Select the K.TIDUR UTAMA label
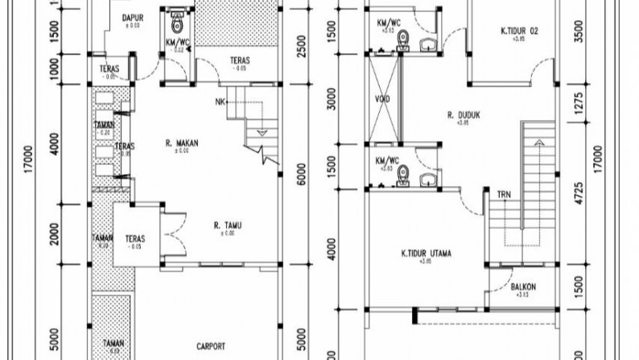click(x=426, y=254)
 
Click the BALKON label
click(x=523, y=287)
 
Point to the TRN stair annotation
click(x=503, y=194)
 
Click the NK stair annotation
click(x=221, y=101)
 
